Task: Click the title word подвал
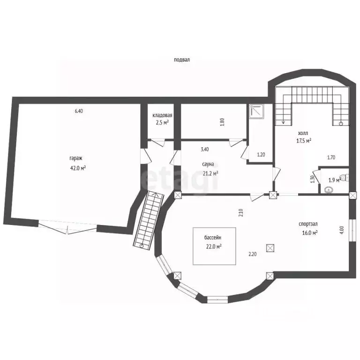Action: click(182, 60)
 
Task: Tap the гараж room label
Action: click(76, 158)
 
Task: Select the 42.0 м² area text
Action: click(78, 168)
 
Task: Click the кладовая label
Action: click(162, 115)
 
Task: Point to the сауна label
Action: click(208, 164)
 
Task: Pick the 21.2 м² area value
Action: click(210, 173)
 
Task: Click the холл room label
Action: click(303, 133)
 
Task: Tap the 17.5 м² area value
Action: click(304, 141)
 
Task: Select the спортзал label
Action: click(308, 224)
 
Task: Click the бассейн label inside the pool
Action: click(213, 238)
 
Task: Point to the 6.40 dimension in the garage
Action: click(79, 111)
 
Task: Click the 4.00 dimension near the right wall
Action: click(342, 230)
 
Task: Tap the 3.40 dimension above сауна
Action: click(205, 150)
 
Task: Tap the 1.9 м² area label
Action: click(334, 180)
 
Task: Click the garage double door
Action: click(67, 227)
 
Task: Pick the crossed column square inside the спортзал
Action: click(270, 248)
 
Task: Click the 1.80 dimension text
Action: click(222, 122)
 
